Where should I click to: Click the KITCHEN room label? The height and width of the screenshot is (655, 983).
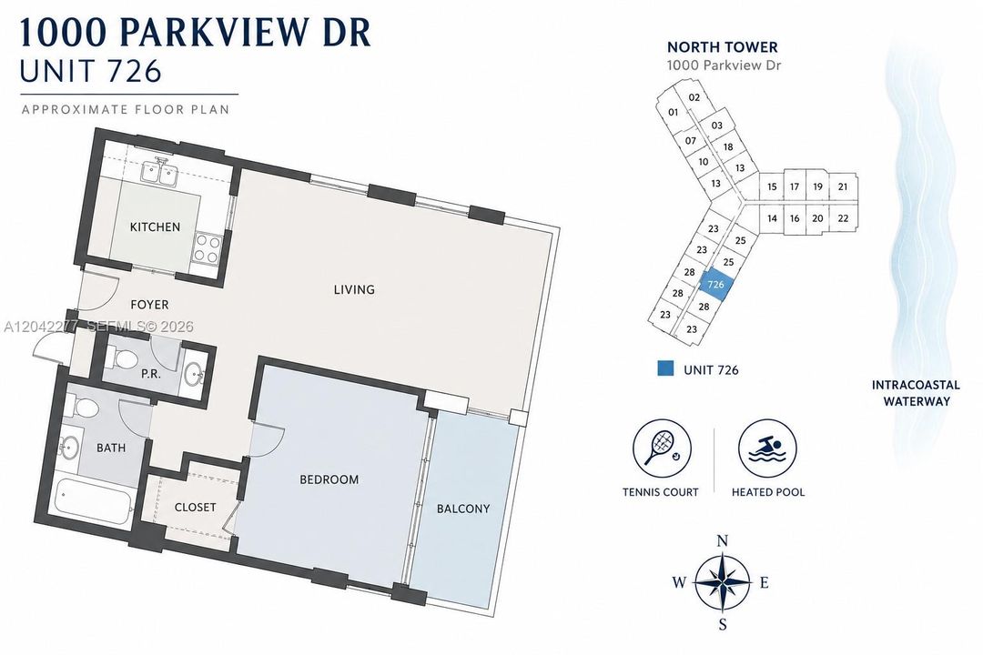click(x=155, y=227)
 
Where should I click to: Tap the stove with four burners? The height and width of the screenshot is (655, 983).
click(x=208, y=247)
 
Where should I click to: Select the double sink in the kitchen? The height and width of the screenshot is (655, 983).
click(x=158, y=172)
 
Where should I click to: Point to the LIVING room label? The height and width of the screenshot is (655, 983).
click(x=354, y=289)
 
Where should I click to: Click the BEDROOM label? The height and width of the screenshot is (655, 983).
click(x=329, y=479)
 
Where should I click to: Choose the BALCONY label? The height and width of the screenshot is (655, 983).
click(x=463, y=509)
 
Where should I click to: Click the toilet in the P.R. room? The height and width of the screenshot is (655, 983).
click(x=123, y=359)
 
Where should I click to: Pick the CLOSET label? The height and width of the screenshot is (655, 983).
click(x=195, y=507)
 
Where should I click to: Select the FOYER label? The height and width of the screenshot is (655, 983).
click(x=149, y=305)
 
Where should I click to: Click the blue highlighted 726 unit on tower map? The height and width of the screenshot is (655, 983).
click(x=716, y=284)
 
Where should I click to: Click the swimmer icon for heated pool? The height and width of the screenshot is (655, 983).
click(x=767, y=448)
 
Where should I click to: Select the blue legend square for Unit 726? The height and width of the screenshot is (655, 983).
click(x=665, y=368)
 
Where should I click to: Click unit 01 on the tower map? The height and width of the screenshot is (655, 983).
click(x=673, y=112)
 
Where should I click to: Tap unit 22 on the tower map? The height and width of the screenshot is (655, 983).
click(x=843, y=218)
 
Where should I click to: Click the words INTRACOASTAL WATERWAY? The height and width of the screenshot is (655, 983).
click(x=916, y=393)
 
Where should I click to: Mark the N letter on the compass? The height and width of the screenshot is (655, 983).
click(x=722, y=541)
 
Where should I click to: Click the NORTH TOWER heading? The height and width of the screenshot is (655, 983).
click(x=722, y=47)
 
